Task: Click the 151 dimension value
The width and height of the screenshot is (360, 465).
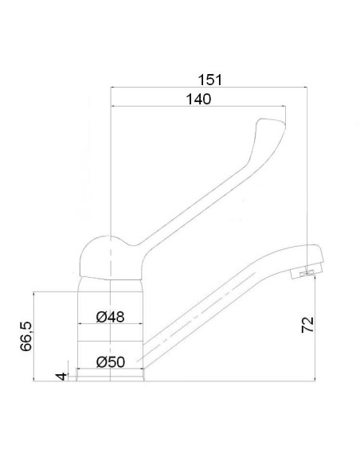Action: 209,80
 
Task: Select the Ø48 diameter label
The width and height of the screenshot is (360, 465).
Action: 110,317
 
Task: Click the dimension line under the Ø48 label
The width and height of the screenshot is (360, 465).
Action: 110,325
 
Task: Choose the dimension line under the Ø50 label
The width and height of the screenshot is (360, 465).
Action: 110,369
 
